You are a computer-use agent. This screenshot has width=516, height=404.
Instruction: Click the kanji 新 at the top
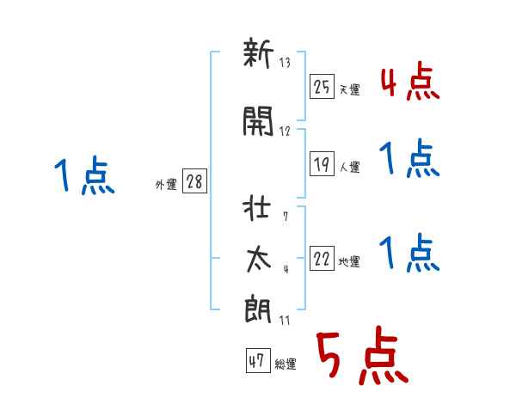point(258,52)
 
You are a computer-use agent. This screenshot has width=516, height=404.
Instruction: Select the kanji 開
point(258,121)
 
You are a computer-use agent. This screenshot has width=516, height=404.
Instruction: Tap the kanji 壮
point(257,209)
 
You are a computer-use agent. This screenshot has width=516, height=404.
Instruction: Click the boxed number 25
point(322,87)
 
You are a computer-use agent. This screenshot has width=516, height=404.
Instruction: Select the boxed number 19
point(322,163)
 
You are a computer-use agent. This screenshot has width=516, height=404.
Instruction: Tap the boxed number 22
point(322,258)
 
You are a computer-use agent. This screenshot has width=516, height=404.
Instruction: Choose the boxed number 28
point(194,181)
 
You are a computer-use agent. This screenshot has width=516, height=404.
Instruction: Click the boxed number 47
point(258,360)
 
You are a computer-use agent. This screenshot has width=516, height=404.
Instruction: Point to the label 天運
point(350,89)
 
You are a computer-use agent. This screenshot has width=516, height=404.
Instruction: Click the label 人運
point(350,167)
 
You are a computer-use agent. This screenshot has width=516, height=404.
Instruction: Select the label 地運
point(349,261)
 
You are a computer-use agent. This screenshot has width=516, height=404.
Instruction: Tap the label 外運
point(166,185)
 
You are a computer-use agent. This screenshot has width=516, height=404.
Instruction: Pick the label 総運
point(286,364)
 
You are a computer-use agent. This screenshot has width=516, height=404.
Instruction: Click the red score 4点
point(410,83)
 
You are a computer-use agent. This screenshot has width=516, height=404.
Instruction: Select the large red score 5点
point(363,355)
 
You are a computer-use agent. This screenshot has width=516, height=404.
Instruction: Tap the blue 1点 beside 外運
point(84,174)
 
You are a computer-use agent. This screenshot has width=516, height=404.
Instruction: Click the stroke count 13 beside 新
point(285,62)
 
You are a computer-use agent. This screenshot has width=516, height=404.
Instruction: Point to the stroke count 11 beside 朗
point(285,320)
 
